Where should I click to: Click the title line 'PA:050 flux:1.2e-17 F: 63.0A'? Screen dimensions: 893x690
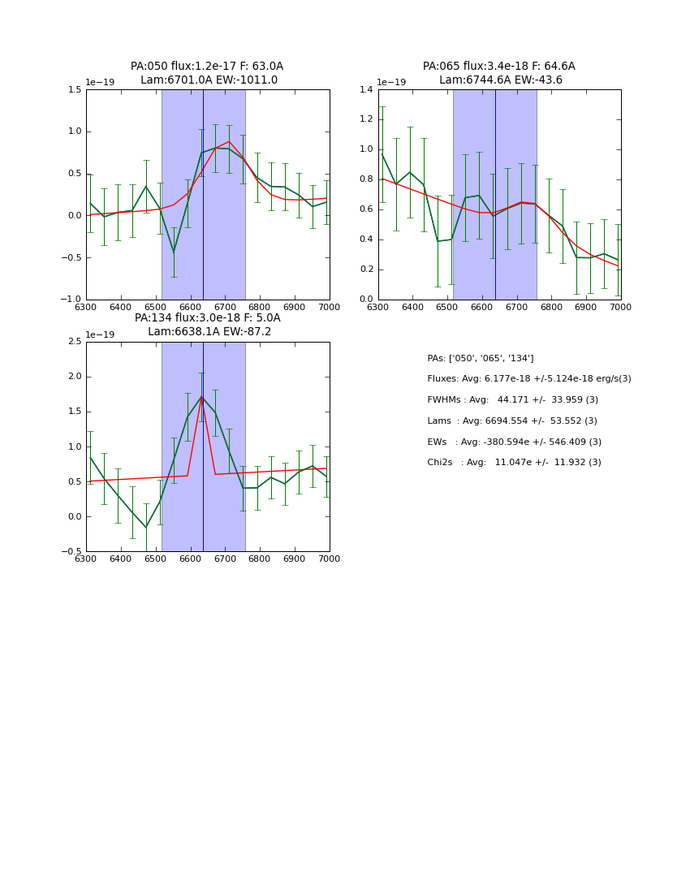207,67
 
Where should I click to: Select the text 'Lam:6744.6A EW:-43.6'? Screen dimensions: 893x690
500,80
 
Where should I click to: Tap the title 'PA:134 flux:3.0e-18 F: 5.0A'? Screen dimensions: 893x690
207,318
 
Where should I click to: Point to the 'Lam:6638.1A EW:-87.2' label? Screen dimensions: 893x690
209,332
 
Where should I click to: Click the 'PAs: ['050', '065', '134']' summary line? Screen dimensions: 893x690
480,358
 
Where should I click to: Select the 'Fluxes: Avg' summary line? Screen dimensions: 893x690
528,379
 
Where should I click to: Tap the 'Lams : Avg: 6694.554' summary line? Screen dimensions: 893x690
511,421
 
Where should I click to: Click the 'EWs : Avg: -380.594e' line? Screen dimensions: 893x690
514,442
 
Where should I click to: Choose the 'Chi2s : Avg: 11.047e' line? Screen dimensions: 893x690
514,463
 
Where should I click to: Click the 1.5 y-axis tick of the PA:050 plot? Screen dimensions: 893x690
74,90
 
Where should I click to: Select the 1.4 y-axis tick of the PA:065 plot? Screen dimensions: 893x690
366,90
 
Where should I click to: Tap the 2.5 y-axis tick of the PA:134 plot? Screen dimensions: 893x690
74,342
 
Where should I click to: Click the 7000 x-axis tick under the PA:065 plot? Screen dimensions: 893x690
620,308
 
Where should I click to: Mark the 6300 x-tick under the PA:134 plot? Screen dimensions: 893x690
86,559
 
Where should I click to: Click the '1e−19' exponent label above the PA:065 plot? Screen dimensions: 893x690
391,83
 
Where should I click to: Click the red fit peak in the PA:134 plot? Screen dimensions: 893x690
202,396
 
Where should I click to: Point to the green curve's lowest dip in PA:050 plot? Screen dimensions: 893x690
173,252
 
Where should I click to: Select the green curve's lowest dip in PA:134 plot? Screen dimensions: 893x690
146,528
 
